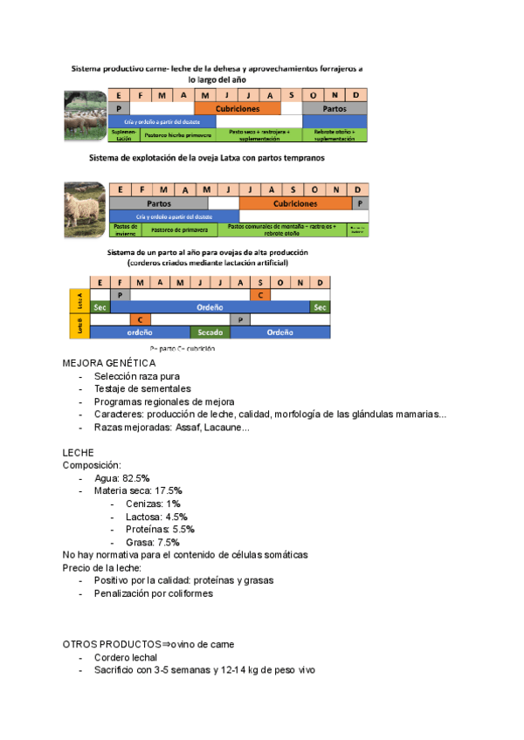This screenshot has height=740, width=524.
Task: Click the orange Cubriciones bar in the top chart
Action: (238, 108)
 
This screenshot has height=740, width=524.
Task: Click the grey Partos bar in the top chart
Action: (334, 108)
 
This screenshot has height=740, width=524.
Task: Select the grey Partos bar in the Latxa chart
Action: (158, 202)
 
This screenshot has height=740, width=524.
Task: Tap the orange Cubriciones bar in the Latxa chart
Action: (295, 202)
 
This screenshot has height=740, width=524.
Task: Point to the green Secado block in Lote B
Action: (210, 332)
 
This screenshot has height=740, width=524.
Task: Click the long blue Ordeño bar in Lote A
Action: (210, 307)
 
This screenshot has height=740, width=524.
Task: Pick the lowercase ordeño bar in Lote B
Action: (140, 332)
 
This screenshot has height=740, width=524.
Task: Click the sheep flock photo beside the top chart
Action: (85, 117)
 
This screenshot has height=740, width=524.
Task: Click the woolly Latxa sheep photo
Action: (85, 209)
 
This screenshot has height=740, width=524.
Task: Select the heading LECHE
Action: (79, 454)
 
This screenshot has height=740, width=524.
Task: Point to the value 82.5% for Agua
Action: (136, 479)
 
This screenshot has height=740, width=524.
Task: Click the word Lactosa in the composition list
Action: (144, 516)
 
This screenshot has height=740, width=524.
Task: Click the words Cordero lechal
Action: (128, 657)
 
